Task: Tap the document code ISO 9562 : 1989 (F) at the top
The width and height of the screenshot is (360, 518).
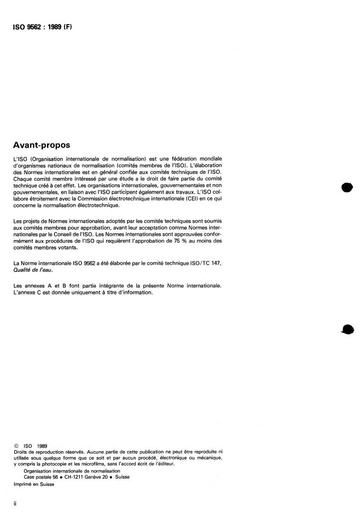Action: coord(42,27)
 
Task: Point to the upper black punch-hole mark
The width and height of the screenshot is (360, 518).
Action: coord(348,187)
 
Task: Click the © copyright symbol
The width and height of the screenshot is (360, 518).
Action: coord(16,446)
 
